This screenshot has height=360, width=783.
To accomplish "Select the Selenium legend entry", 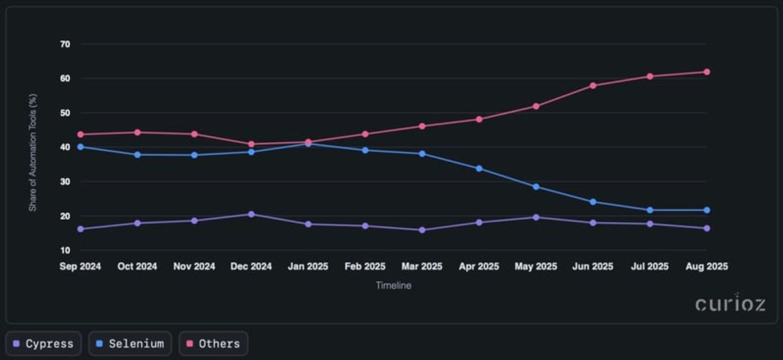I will pyautogui.click(x=130, y=344).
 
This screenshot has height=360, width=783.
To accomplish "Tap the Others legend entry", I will pyautogui.click(x=213, y=344).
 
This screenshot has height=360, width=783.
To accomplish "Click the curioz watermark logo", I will pyautogui.click(x=730, y=303).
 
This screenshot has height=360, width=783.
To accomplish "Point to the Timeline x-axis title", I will pyautogui.click(x=393, y=286).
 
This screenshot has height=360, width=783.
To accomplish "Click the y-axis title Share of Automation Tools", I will pyautogui.click(x=32, y=153).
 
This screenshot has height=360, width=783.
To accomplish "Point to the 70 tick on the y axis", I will pyautogui.click(x=65, y=44).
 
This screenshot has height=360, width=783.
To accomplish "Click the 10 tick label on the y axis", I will pyautogui.click(x=65, y=250).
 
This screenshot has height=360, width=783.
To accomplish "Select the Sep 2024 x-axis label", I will pyautogui.click(x=80, y=267).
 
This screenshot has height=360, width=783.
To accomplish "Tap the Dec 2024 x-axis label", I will pyautogui.click(x=251, y=267).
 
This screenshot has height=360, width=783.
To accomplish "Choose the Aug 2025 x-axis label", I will pyautogui.click(x=707, y=267).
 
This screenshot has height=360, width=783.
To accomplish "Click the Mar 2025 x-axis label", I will pyautogui.click(x=422, y=267).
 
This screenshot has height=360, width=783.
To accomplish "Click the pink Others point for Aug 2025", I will pyautogui.click(x=707, y=72).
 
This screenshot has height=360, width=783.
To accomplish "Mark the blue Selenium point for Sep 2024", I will pyautogui.click(x=80, y=147).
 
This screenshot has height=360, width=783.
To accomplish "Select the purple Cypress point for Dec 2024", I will pyautogui.click(x=251, y=214).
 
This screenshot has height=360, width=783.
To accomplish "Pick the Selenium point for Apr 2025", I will pyautogui.click(x=479, y=168).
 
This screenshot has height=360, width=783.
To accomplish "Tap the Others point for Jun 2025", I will pyautogui.click(x=592, y=85).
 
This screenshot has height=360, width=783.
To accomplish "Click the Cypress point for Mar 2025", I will pyautogui.click(x=422, y=230).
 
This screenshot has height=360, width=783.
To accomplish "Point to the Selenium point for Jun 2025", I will pyautogui.click(x=592, y=202).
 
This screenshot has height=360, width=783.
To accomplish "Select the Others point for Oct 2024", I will pyautogui.click(x=137, y=132).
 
